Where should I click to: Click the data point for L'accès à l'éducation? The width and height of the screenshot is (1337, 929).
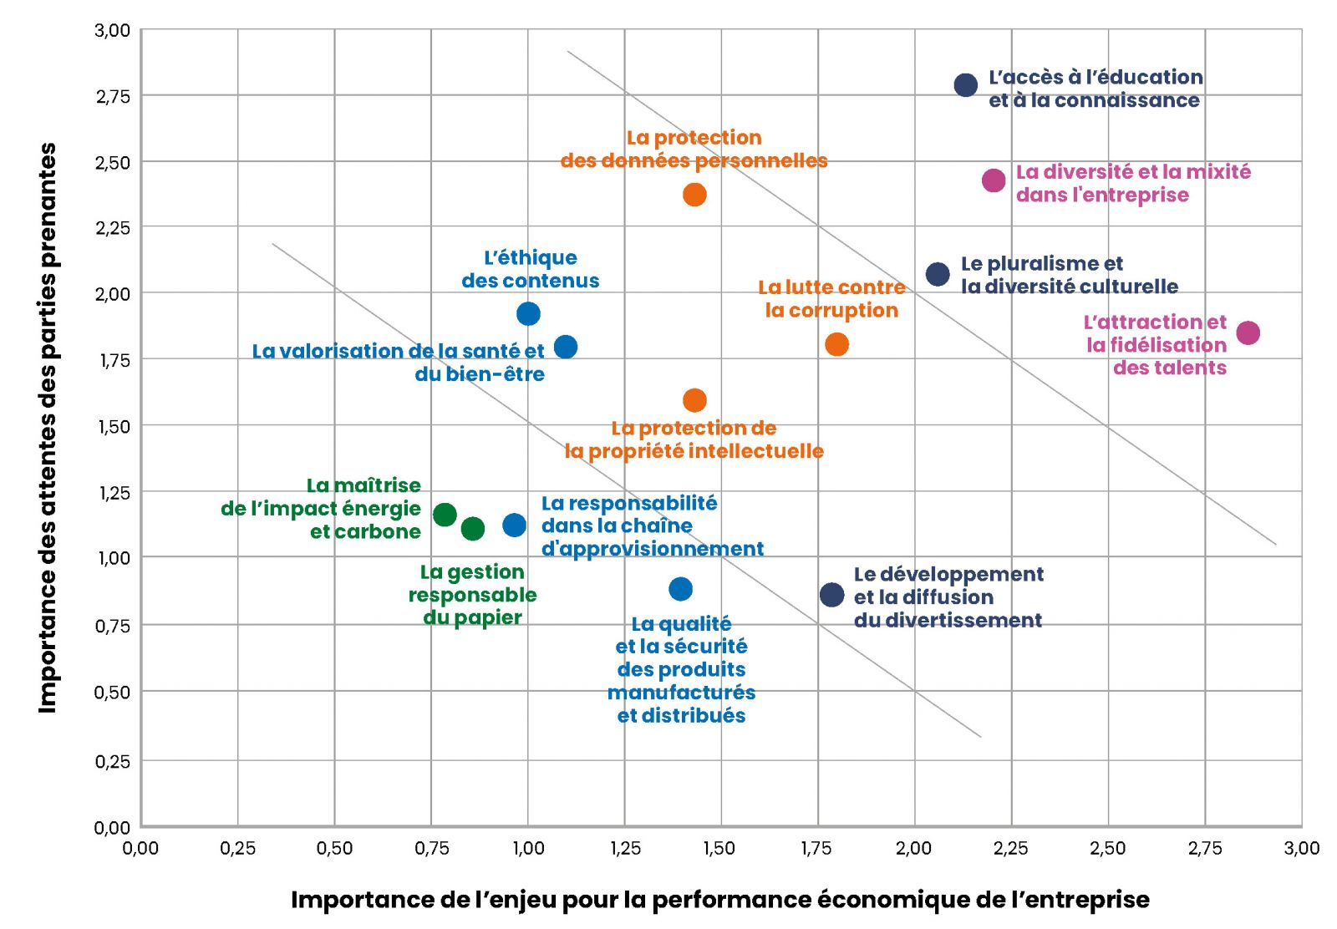click(x=965, y=85)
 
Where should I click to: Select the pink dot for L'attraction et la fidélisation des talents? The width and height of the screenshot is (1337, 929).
click(x=1248, y=333)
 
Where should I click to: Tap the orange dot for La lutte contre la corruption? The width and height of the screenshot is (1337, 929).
click(x=836, y=344)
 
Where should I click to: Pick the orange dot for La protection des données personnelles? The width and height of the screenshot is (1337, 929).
click(x=694, y=195)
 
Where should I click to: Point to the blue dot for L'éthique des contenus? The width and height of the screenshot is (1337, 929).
click(x=528, y=314)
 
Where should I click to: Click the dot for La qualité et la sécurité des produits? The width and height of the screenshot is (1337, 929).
click(x=681, y=589)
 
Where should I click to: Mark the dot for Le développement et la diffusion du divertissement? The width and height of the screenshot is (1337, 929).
click(x=831, y=595)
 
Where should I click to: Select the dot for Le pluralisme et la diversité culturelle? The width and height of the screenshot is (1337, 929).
click(x=938, y=274)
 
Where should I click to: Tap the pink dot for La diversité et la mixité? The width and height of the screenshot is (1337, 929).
click(x=994, y=180)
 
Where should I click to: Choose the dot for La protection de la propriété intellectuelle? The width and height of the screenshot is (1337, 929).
click(x=694, y=400)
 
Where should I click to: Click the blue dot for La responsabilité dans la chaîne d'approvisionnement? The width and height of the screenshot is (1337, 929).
click(x=515, y=525)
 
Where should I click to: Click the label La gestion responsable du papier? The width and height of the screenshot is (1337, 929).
click(x=473, y=595)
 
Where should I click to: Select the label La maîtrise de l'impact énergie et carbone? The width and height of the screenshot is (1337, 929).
click(x=322, y=508)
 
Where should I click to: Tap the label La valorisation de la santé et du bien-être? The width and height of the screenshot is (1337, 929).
click(x=399, y=362)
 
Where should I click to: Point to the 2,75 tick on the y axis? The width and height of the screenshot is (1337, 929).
click(x=113, y=96)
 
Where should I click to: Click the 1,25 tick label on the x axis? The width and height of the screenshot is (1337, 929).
click(x=625, y=849)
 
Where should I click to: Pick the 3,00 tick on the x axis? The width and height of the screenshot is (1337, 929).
click(x=1301, y=849)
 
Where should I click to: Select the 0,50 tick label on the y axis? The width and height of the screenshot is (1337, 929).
click(x=113, y=693)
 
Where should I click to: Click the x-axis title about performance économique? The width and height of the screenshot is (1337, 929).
click(x=719, y=900)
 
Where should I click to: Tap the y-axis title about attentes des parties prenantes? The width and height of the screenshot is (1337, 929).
click(x=48, y=428)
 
